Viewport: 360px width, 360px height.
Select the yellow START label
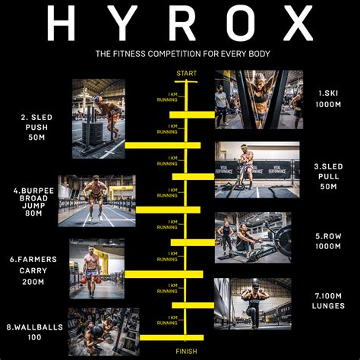[x=186, y=73]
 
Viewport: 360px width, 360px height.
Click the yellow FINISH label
[x=187, y=351]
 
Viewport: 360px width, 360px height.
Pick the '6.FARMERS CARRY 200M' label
[x=31, y=270]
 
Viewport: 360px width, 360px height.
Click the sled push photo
[x=98, y=118]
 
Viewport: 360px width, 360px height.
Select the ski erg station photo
[x=258, y=99]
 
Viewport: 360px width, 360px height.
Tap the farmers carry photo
[x=96, y=269]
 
